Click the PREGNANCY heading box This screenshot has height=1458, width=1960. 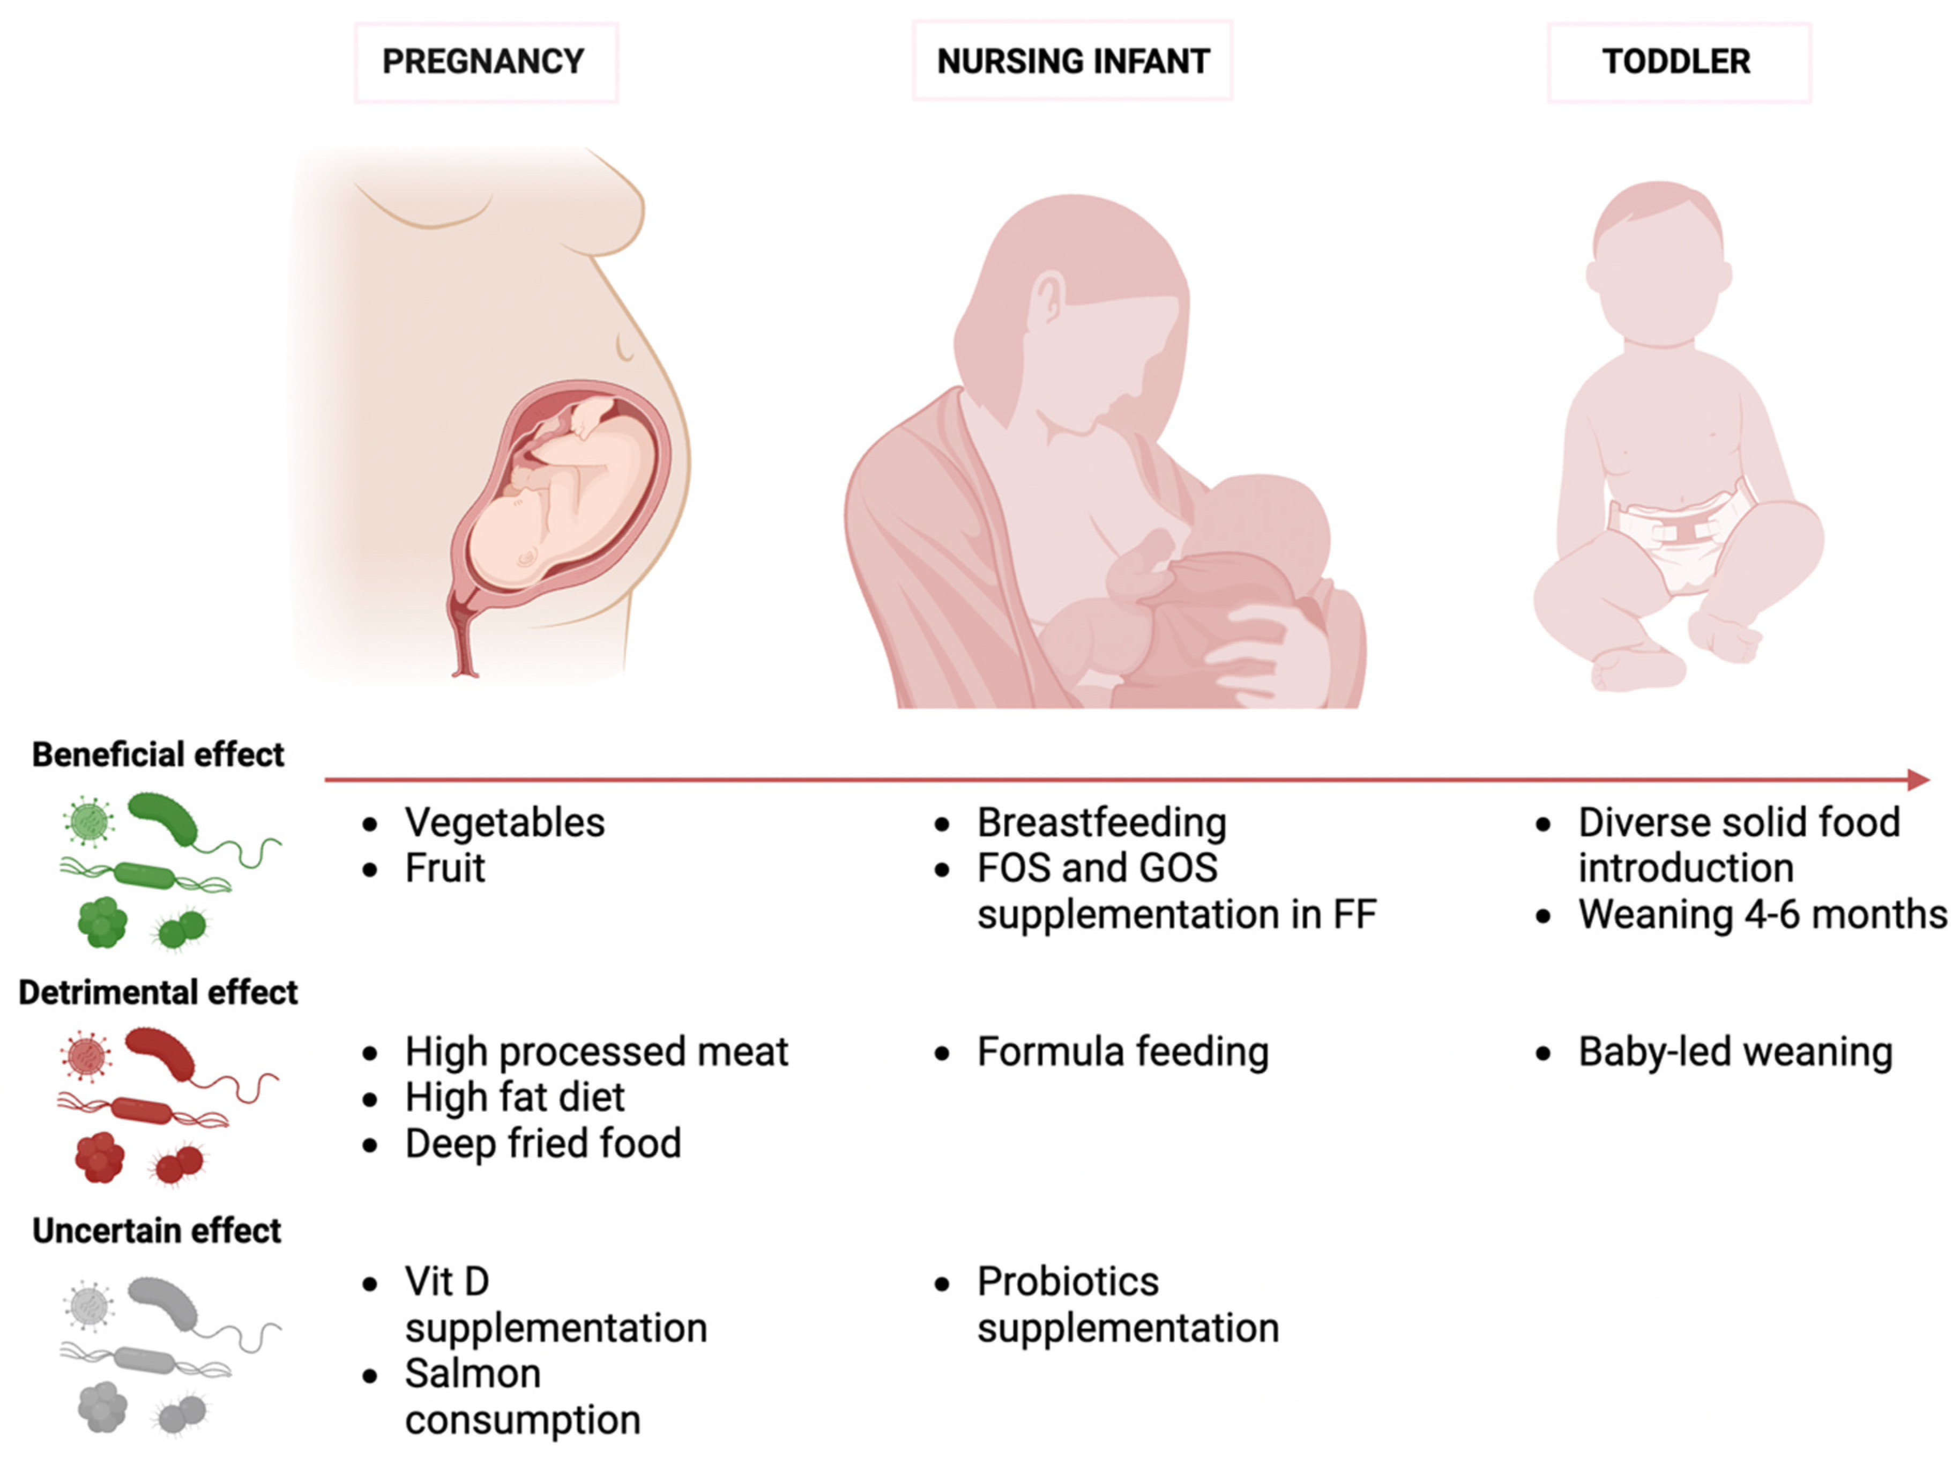coord(486,62)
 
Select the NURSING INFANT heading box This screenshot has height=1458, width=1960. coord(1072,61)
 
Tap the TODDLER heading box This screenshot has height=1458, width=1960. coord(1679,62)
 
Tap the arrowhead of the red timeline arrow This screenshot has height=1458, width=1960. coord(1919,779)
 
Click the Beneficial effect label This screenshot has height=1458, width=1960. coord(158,754)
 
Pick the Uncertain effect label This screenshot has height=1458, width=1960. coord(157,1230)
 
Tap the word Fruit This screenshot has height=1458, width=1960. coord(444,869)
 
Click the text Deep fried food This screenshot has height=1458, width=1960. coord(542,1144)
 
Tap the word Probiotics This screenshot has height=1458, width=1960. coord(1067,1282)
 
